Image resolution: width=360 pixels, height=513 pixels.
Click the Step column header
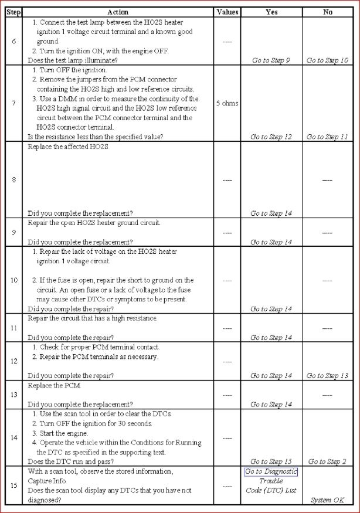click(13, 12)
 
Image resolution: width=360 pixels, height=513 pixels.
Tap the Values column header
click(227, 12)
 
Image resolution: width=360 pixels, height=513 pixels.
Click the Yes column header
click(271, 12)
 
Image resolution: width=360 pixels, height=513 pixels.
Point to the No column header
click(328, 12)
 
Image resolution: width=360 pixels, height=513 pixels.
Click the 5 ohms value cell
click(227, 103)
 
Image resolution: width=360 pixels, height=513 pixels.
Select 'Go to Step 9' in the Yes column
click(271, 60)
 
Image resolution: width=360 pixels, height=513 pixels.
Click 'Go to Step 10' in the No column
click(327, 60)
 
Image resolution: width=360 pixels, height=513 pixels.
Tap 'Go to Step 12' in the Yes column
click(271, 137)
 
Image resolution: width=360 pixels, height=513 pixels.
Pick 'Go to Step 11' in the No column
click(327, 137)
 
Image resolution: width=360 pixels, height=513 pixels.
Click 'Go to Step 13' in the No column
click(327, 376)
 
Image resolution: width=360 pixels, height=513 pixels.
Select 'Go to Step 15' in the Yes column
click(271, 461)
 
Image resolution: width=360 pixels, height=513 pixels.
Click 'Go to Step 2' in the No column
click(327, 461)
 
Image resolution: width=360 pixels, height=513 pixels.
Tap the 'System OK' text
click(328, 500)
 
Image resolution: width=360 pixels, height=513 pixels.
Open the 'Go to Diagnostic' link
click(271, 472)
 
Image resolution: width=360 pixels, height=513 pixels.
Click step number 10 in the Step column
click(13, 280)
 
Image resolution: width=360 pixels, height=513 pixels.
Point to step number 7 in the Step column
click(13, 103)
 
